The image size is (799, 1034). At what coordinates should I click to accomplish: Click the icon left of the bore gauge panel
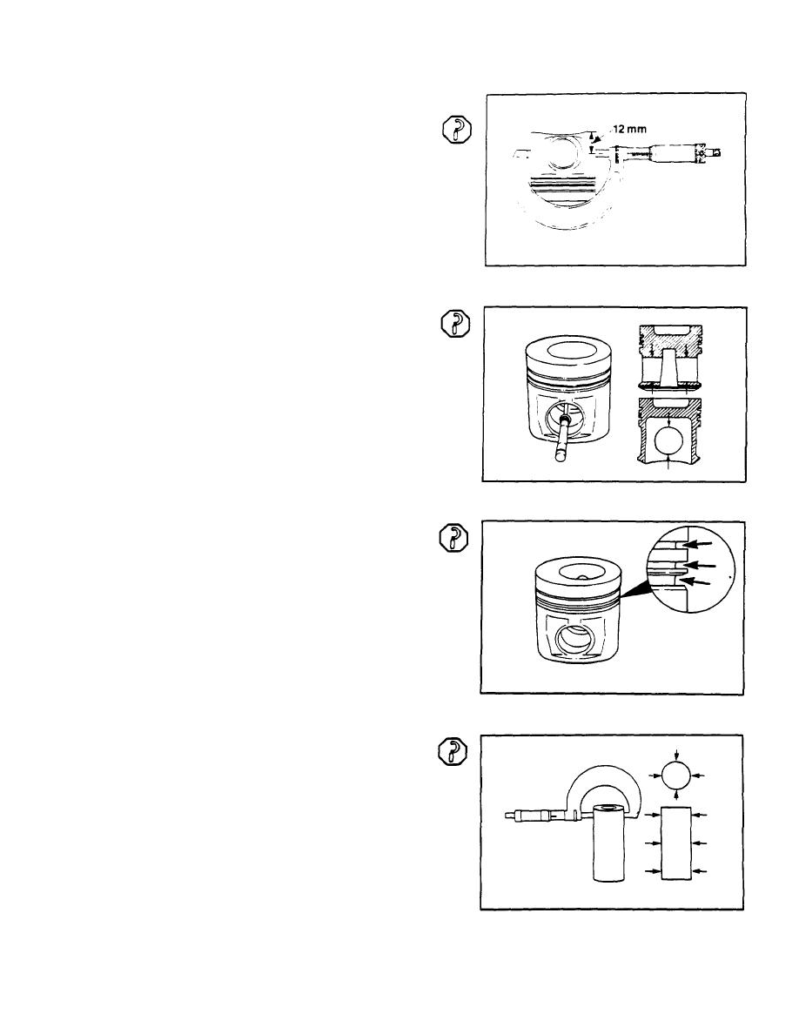[x=451, y=324]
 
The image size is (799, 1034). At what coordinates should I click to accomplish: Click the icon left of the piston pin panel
[x=451, y=751]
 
